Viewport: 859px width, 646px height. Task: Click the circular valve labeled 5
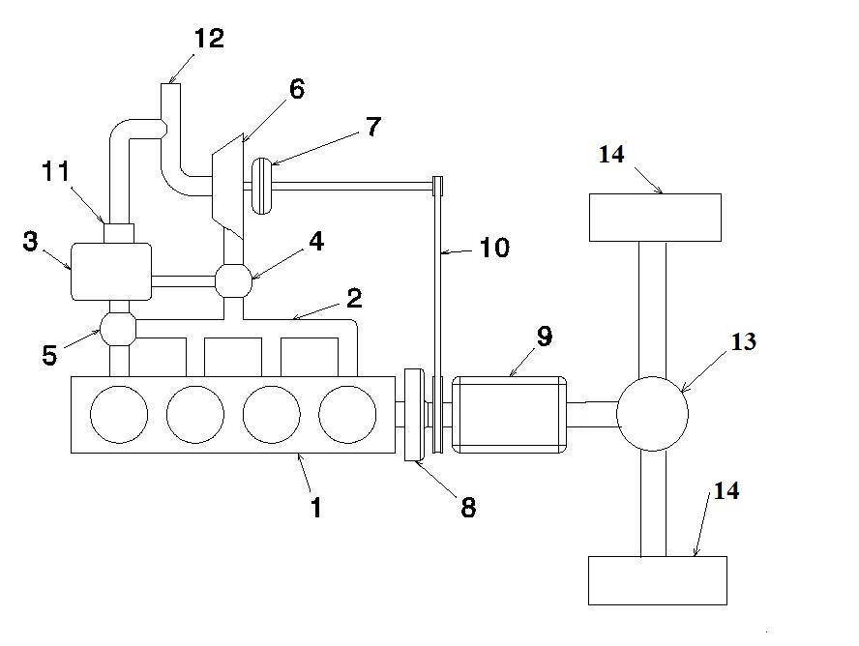tap(119, 329)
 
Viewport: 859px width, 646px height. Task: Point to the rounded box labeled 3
tap(111, 272)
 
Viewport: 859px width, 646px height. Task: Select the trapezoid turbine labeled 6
tap(226, 183)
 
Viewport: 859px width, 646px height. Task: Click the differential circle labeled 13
tap(652, 414)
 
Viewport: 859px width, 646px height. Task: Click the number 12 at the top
tap(208, 39)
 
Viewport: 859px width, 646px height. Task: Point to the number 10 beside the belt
tap(493, 249)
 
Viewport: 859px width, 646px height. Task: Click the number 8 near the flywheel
tap(468, 507)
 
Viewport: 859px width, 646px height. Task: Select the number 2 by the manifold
tap(354, 298)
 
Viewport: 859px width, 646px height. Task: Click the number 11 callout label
tap(56, 172)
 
